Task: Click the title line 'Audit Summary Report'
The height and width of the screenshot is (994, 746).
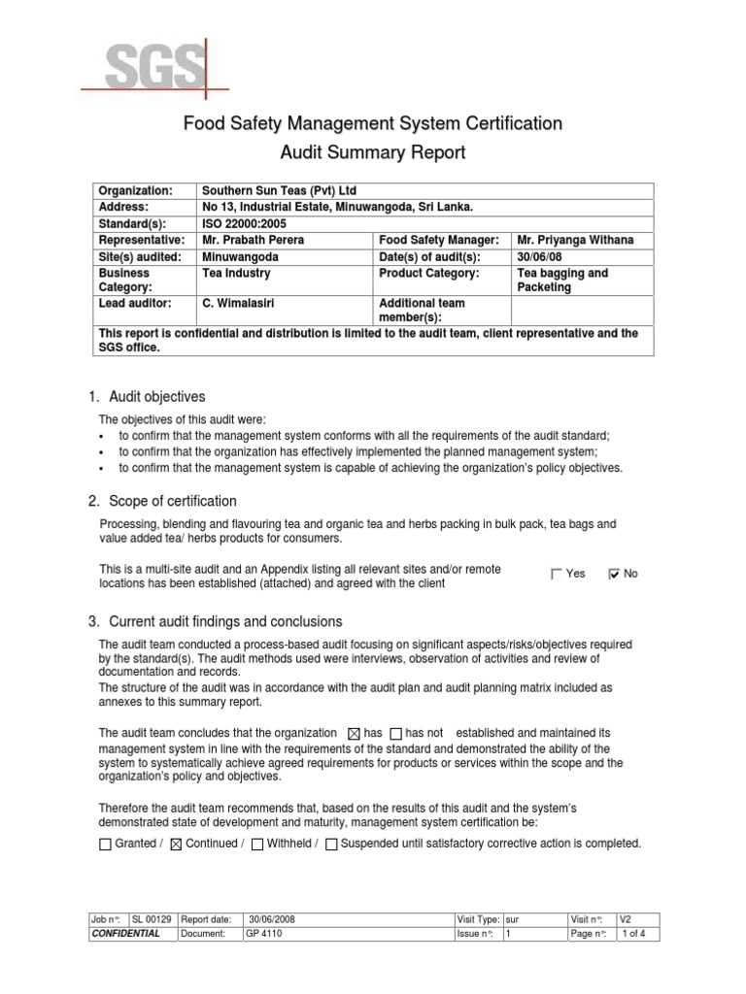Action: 373,152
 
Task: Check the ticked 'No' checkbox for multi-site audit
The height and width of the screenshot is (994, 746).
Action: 613,574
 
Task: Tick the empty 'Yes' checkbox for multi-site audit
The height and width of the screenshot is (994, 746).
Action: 557,574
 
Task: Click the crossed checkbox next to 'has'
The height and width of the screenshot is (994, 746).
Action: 353,733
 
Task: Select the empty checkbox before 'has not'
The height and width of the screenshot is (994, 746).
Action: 395,733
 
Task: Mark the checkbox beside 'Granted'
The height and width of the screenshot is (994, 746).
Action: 106,845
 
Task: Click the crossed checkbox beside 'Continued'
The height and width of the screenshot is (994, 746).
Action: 176,845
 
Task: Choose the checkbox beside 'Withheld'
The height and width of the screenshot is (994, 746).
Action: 256,845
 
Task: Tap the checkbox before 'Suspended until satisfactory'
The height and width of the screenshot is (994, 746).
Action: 331,845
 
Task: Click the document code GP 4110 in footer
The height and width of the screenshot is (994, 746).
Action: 260,933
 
